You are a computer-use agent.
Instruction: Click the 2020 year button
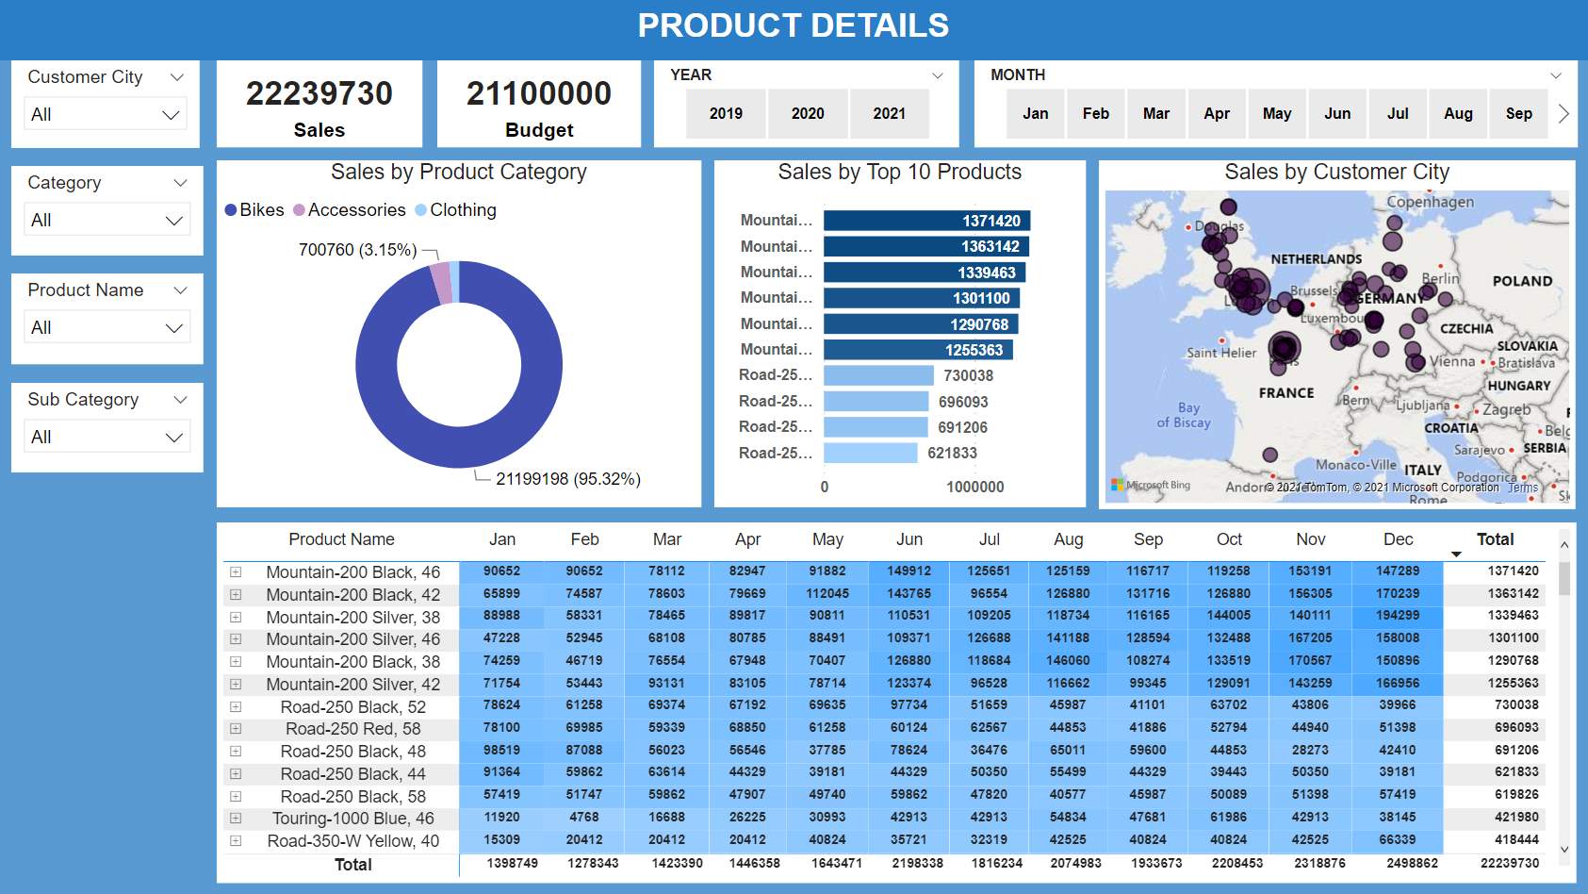coord(808,114)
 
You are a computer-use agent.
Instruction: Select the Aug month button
coord(1458,114)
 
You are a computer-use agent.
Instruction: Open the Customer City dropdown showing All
coord(106,114)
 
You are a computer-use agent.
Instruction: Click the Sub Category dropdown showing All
coord(106,437)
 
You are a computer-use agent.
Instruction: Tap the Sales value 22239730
coord(319,93)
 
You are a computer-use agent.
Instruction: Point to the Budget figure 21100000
coord(539,93)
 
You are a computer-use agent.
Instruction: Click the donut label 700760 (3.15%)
coord(357,250)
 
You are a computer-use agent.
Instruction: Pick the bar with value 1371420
coord(925,221)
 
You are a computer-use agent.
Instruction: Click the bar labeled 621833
coord(870,454)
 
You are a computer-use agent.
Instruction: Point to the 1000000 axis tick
coord(974,487)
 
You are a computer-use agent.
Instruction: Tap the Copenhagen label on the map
coord(1430,202)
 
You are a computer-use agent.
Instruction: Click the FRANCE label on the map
coord(1285,393)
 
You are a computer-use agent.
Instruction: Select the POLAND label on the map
coord(1521,281)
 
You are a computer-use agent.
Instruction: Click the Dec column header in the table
coord(1398,539)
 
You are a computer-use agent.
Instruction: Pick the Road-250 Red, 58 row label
coord(352,729)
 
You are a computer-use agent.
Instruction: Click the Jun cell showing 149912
coord(909,571)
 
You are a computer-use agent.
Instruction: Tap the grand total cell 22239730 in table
coord(1509,864)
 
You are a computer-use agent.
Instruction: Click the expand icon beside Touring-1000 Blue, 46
coord(236,819)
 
